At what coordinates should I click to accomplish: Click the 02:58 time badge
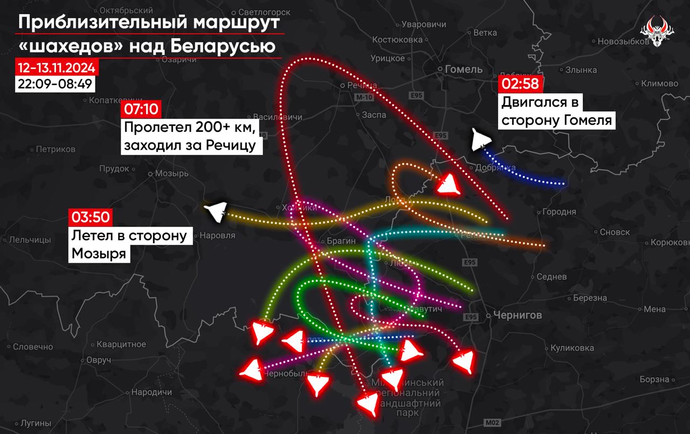coord(520,83)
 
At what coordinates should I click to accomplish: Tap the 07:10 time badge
coord(141,109)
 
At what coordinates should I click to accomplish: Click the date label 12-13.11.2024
coord(56,68)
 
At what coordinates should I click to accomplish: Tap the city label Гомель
coord(464,69)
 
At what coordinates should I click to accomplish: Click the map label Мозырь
coord(171,173)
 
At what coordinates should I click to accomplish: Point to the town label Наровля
coord(217,235)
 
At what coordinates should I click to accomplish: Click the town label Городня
coord(559,212)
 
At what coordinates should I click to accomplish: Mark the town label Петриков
coord(56,149)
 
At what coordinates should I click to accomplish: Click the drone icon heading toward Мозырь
coord(216,212)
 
